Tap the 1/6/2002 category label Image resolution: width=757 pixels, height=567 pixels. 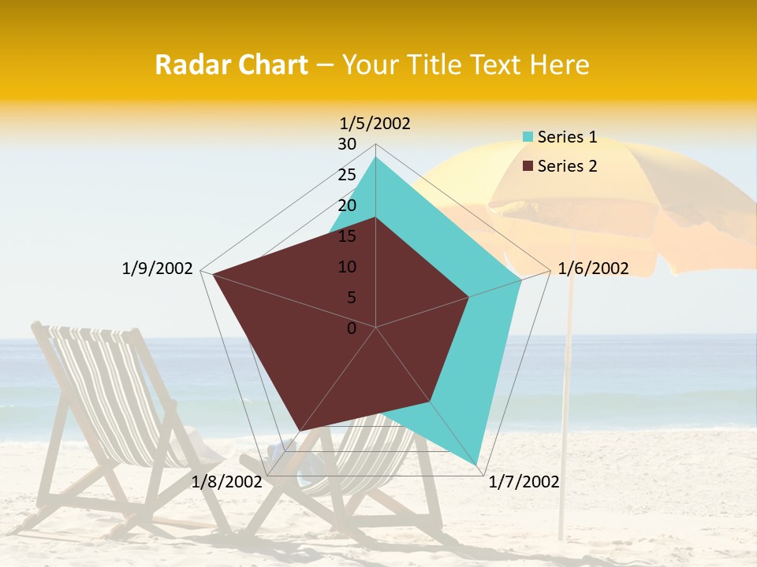pyautogui.click(x=593, y=269)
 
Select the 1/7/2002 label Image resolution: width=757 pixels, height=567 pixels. pyautogui.click(x=524, y=482)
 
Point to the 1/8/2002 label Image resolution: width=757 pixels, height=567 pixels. pyautogui.click(x=226, y=482)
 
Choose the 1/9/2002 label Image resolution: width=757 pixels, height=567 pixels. pyautogui.click(x=157, y=269)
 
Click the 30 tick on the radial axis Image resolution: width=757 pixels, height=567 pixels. pyautogui.click(x=347, y=144)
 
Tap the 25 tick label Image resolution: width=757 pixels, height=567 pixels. pyautogui.click(x=347, y=175)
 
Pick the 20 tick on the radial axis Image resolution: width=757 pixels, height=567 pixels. pyautogui.click(x=347, y=206)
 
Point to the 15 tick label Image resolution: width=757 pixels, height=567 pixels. pyautogui.click(x=347, y=236)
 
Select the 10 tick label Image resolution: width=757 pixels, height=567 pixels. pyautogui.click(x=347, y=267)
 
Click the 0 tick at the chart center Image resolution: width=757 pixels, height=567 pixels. pyautogui.click(x=352, y=328)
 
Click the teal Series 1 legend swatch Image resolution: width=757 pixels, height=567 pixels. pyautogui.click(x=528, y=138)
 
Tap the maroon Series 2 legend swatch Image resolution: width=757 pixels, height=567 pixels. pyautogui.click(x=528, y=166)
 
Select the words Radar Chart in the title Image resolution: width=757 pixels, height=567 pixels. pyautogui.click(x=231, y=65)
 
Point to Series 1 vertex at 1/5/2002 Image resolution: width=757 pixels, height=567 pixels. pyautogui.click(x=375, y=157)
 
